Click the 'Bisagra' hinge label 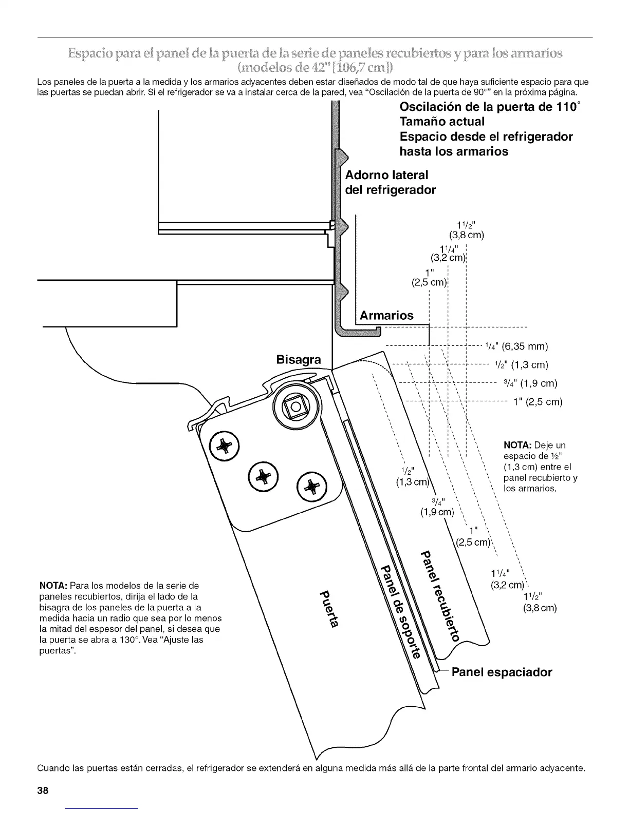click(x=299, y=360)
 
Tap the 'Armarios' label click(x=386, y=315)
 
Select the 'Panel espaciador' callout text click(x=502, y=672)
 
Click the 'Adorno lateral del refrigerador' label click(x=390, y=182)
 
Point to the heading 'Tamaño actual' click(x=442, y=122)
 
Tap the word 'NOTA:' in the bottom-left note click(x=53, y=586)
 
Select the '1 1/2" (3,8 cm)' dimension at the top click(x=467, y=230)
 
